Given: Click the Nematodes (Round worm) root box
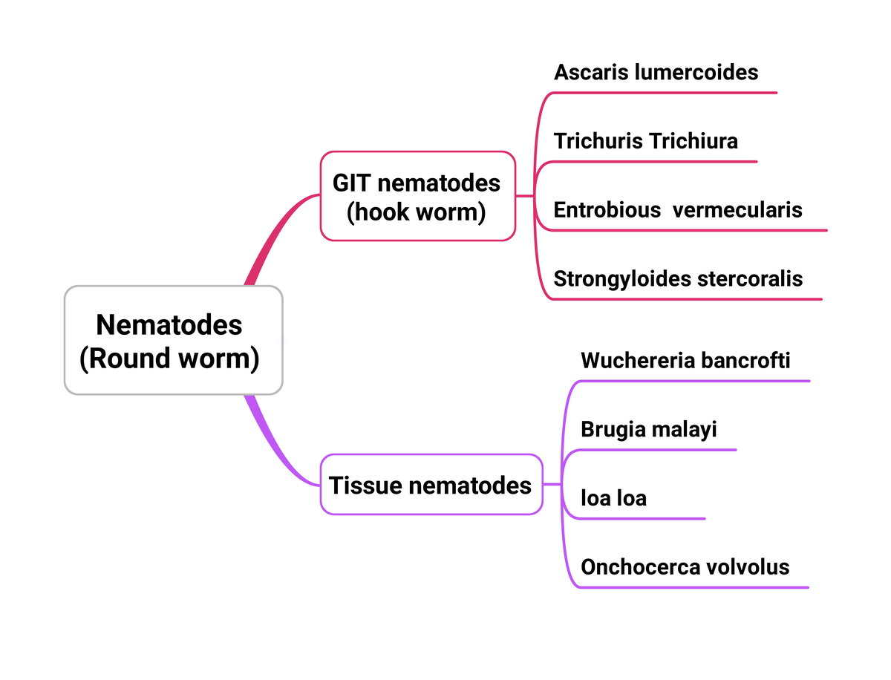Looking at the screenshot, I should tap(173, 340).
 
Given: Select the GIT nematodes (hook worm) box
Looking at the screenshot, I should tap(417, 196).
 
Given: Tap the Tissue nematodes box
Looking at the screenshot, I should tap(431, 485).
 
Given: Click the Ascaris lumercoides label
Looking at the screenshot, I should tap(656, 72).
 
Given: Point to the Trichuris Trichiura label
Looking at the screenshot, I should tap(645, 141).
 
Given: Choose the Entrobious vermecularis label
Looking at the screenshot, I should tap(677, 210).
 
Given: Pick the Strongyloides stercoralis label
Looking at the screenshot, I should tap(678, 279).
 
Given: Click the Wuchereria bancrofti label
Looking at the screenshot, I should tap(685, 361).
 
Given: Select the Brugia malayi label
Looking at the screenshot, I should tap(649, 429).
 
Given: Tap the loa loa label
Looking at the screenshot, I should tap(613, 498).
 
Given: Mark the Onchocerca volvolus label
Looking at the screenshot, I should tap(685, 567).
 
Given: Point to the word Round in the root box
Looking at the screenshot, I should tap(131, 359).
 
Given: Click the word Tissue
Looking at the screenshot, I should tap(365, 486).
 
